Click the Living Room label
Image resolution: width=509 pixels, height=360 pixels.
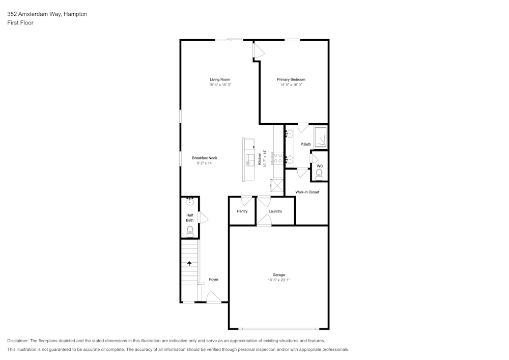220,79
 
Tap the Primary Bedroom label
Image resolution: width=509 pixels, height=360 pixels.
291,79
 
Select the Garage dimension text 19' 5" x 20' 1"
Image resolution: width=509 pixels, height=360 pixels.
278,280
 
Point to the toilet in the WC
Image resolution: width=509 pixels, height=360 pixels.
319,175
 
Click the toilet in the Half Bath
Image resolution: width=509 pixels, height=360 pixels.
190,232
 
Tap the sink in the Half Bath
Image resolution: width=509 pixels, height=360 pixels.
190,202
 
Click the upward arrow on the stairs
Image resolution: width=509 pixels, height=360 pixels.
190,263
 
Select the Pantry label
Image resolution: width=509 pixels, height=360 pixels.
242,211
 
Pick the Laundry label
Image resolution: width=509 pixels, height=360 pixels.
275,211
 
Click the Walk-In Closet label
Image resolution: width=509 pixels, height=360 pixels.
307,192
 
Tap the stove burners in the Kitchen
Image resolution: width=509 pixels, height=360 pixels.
278,158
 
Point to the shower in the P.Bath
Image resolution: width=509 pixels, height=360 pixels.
321,137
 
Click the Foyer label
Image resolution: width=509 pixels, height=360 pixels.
214,280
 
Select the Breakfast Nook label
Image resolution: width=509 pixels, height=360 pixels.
205,158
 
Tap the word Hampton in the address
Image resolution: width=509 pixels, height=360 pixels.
75,14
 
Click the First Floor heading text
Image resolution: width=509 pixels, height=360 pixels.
20,23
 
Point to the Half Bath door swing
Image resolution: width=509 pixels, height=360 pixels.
204,218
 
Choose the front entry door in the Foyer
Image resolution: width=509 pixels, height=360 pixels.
213,297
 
